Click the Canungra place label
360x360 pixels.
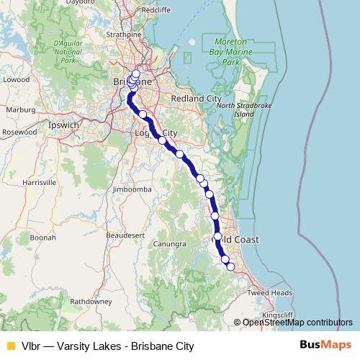[x=170, y=243]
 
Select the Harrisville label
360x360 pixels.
[x=40, y=183]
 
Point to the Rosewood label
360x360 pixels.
[x=19, y=132]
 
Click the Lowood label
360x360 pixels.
[x=16, y=80]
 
